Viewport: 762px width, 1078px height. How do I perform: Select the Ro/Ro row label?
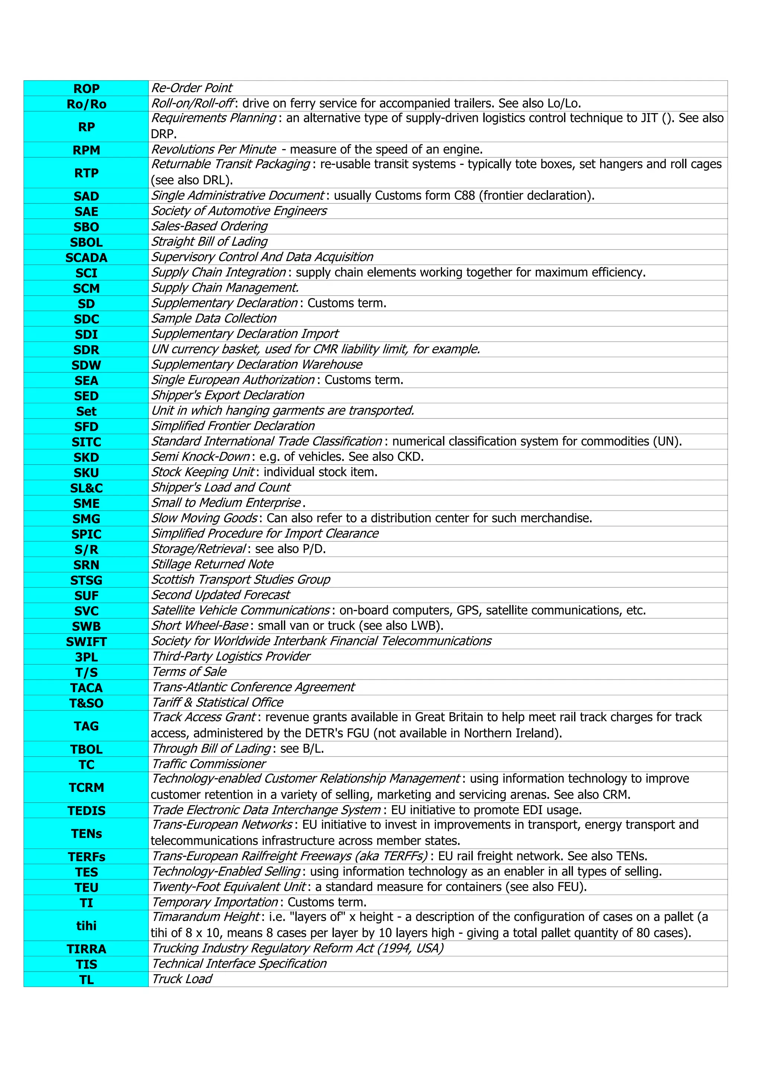point(86,104)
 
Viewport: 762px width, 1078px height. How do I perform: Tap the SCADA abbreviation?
point(86,258)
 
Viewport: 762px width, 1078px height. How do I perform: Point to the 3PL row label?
point(86,657)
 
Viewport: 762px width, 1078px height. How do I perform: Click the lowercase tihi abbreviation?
point(86,926)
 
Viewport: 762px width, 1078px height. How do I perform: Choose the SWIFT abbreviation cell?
point(86,642)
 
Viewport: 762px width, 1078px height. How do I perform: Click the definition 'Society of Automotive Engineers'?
point(239,211)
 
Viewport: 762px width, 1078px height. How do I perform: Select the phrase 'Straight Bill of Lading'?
point(209,242)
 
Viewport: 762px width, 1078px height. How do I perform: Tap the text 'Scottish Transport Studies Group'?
point(241,580)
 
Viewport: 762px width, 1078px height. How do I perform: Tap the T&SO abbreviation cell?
point(86,703)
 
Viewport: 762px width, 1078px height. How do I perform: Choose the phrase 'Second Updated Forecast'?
point(221,595)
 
